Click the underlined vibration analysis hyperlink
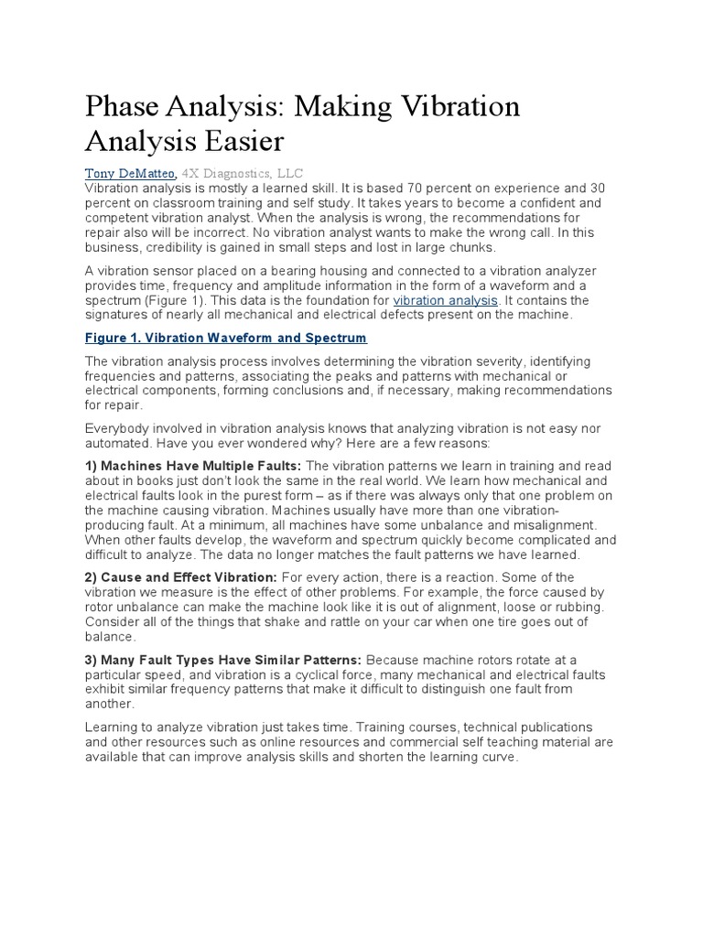[x=446, y=300]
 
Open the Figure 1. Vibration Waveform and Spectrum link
[x=225, y=338]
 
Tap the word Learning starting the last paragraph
[x=113, y=727]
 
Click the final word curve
[x=500, y=756]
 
